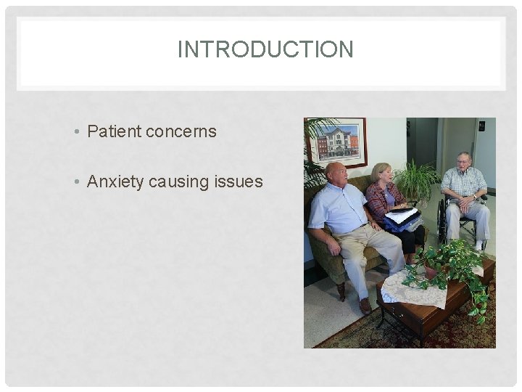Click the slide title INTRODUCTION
tap(265, 49)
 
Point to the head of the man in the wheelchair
tap(464, 161)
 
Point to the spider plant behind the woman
tap(418, 178)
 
